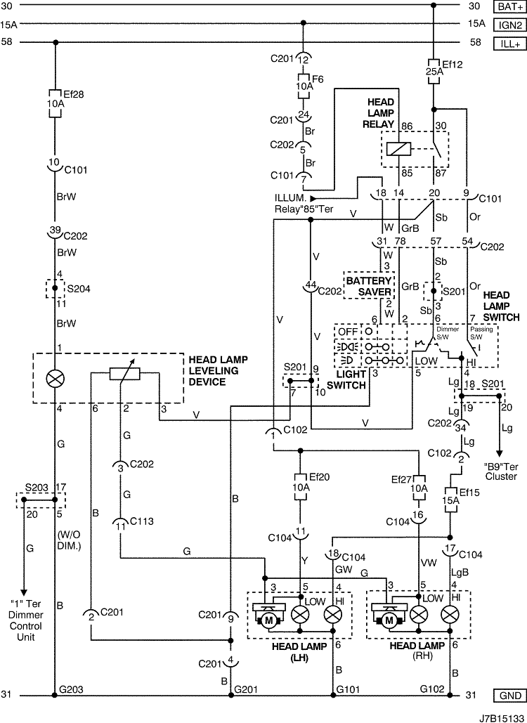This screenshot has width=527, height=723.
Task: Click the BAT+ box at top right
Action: (509, 6)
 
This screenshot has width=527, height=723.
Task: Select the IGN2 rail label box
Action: (509, 25)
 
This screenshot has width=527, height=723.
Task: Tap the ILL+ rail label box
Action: (509, 44)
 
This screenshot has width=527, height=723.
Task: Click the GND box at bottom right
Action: (509, 696)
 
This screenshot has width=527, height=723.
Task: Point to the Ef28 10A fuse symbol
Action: (55, 104)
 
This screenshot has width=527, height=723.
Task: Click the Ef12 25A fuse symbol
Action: (433, 72)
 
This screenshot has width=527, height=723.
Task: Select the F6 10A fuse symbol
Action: (303, 86)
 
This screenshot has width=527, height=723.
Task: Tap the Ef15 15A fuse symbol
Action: (450, 500)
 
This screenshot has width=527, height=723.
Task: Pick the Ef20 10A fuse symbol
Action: (300, 487)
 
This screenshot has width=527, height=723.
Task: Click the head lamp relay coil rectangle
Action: (398, 149)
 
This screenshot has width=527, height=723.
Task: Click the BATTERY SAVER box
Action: (369, 286)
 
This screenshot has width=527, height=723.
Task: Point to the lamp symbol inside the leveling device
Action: (55, 379)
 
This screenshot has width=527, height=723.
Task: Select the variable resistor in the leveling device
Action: (124, 374)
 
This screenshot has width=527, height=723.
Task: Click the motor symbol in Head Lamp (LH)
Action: (269, 620)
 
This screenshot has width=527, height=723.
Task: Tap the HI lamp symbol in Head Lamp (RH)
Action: (450, 615)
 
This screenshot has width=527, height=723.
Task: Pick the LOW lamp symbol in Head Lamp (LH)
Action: (300, 615)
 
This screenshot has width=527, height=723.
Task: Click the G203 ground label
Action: (71, 690)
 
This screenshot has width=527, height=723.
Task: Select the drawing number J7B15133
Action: (501, 717)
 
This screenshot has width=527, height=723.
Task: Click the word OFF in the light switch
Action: (347, 332)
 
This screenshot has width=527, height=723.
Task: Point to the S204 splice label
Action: (79, 289)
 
